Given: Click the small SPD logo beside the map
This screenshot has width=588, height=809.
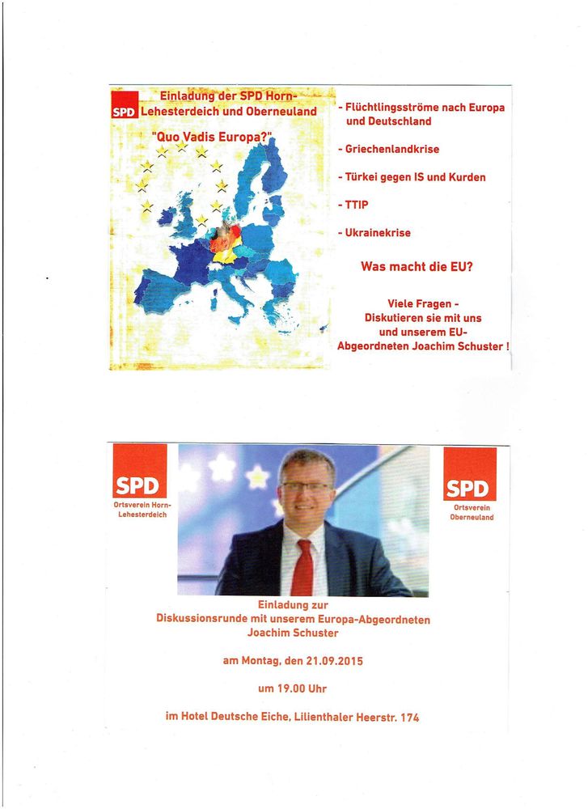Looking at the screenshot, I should point(125,112).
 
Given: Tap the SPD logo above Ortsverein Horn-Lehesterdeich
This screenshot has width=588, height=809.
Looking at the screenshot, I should point(140,472).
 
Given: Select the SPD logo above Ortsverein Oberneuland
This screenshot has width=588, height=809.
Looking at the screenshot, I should point(470,474).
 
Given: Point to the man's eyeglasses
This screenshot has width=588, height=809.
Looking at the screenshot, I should point(305,486).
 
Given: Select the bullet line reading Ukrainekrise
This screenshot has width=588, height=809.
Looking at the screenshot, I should point(378,233).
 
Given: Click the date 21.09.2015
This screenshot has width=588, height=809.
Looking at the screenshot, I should point(335,661).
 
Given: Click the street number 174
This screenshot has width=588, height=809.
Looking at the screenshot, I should point(408,717).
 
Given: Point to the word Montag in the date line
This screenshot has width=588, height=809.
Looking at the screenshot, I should point(260,661).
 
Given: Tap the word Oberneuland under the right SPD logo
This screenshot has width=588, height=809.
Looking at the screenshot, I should point(472,517).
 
